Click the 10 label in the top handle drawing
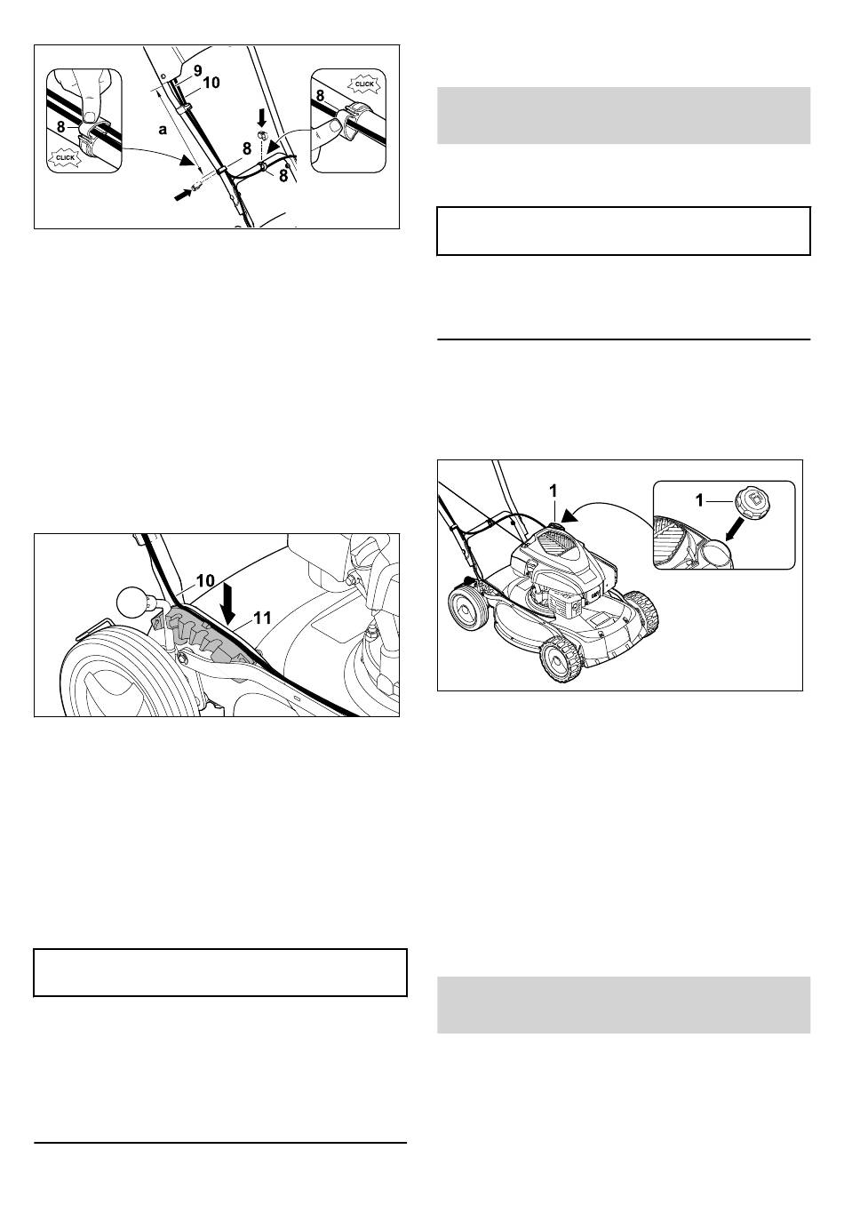point(211,83)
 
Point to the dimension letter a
point(163,130)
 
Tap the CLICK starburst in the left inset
point(65,157)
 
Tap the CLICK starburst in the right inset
point(364,84)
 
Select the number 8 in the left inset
point(60,127)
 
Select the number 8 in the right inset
point(320,96)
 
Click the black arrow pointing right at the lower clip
point(183,194)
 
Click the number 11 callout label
point(263,618)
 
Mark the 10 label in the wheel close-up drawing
point(205,581)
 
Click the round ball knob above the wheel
point(133,603)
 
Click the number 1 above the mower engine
point(553,491)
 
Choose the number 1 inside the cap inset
point(699,500)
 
